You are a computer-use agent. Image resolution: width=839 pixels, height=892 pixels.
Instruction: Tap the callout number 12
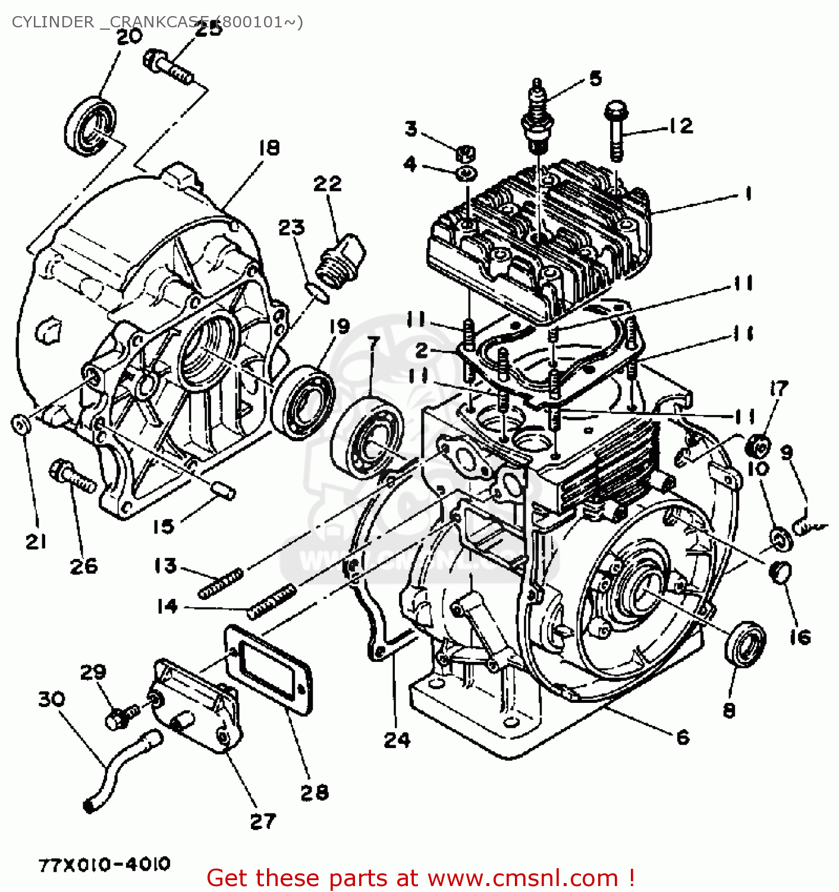click(680, 126)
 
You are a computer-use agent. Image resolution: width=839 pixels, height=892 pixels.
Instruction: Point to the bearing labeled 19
click(303, 402)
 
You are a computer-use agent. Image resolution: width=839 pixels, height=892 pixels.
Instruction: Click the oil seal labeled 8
click(744, 644)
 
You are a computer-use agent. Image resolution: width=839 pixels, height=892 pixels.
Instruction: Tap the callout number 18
click(269, 147)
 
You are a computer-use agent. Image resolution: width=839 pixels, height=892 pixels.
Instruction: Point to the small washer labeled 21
click(21, 425)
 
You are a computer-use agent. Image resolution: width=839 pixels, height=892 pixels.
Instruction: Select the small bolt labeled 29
click(121, 715)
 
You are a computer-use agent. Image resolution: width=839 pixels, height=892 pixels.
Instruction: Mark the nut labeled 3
click(465, 153)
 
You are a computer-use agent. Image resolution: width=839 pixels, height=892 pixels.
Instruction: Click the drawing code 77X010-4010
click(105, 863)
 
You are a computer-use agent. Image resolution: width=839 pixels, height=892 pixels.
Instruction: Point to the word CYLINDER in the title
click(52, 22)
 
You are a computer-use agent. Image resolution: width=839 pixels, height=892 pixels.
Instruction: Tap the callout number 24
click(397, 740)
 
